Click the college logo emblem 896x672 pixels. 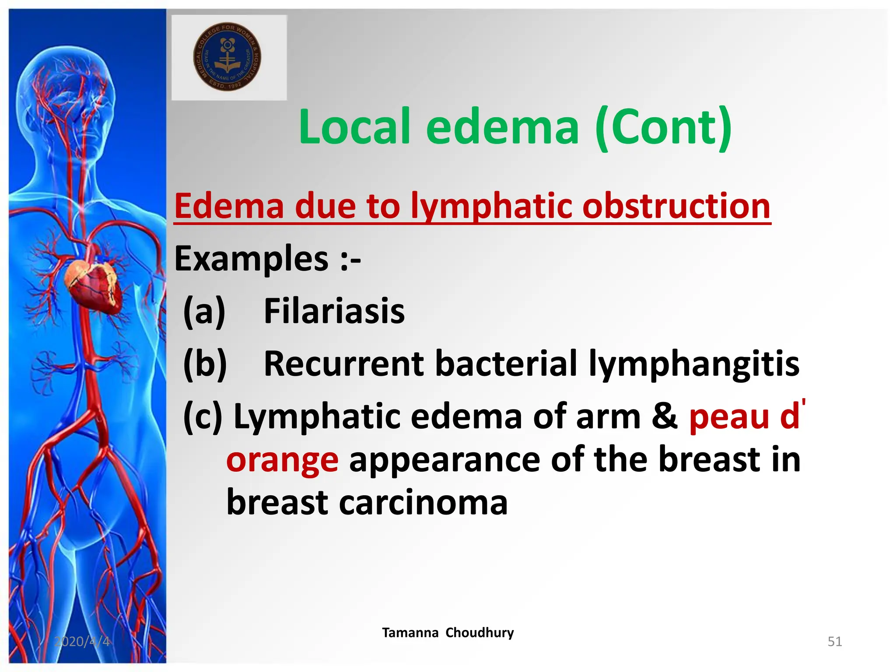(227, 57)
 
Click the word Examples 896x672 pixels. (251, 259)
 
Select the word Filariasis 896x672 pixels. (334, 311)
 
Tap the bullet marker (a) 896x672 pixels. (204, 311)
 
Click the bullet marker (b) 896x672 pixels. (205, 364)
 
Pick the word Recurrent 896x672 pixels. (344, 364)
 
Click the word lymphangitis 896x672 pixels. (694, 364)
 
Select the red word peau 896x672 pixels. (729, 416)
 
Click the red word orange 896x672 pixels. (282, 460)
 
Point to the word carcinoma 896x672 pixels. (423, 502)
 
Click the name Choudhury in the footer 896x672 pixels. (479, 633)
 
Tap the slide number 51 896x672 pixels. (834, 641)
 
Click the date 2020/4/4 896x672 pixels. (82, 641)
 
